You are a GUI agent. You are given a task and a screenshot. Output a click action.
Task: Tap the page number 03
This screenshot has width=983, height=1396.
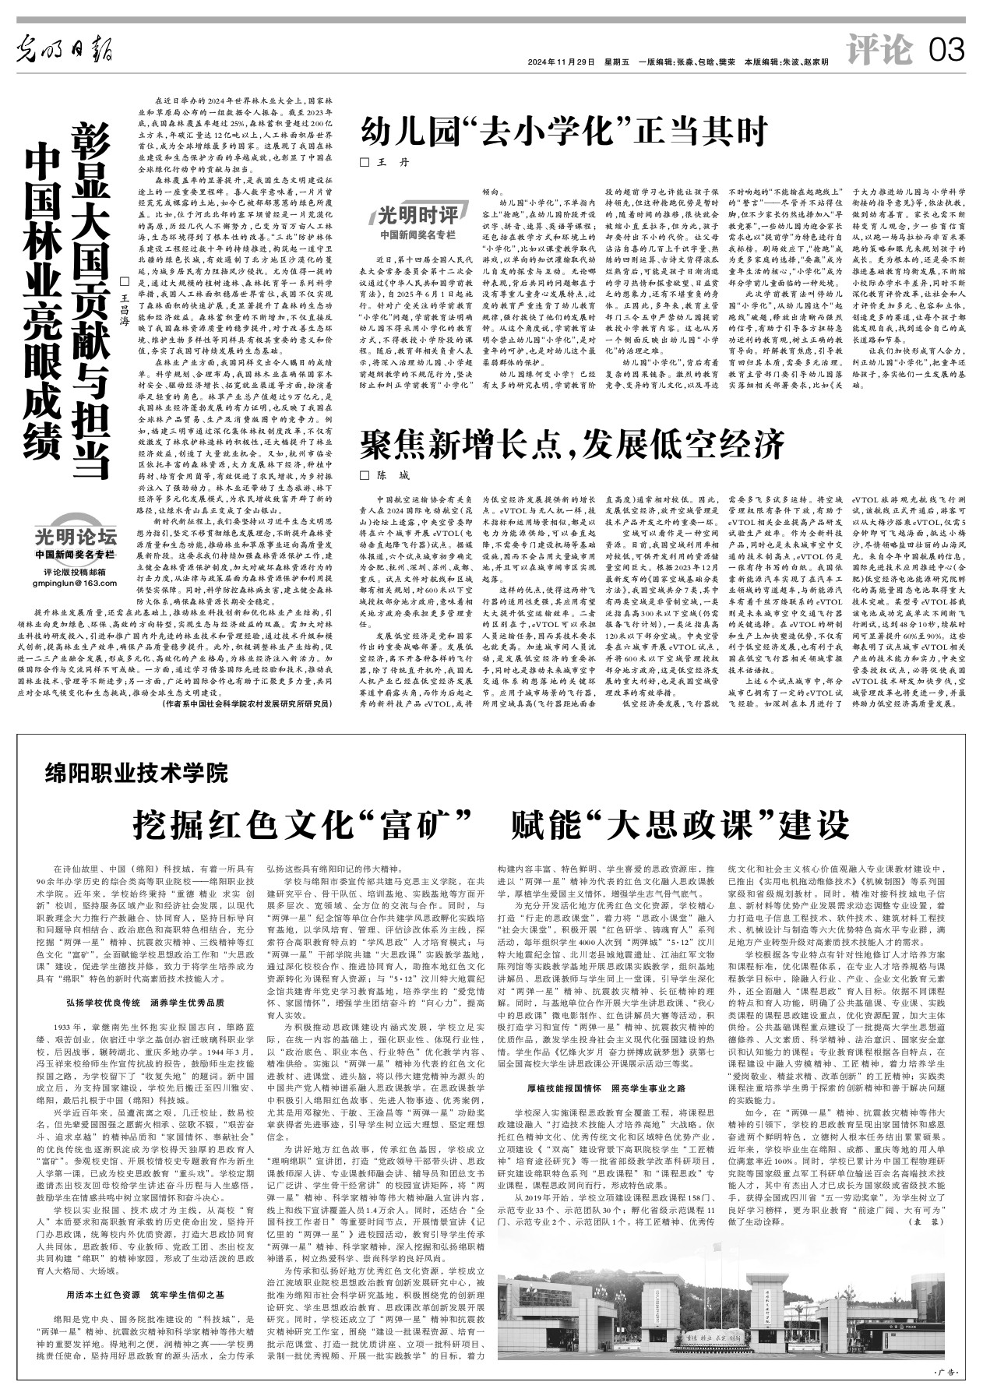[947, 51]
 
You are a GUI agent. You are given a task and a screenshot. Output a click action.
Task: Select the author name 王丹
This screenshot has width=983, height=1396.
[386, 163]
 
